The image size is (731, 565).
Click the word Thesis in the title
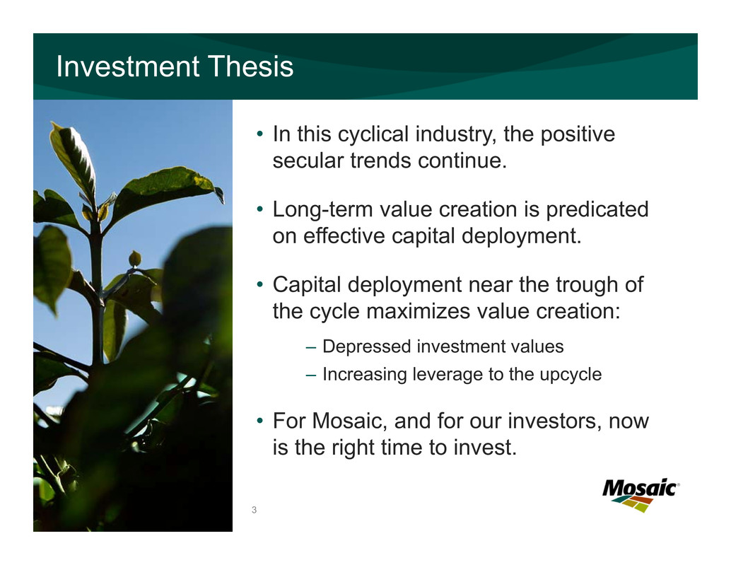pos(250,66)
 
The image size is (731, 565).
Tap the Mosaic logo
pos(641,495)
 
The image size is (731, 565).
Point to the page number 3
pos(254,510)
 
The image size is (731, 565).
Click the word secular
pos(308,161)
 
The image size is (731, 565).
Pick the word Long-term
pos(322,210)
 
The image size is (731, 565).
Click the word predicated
pos(597,210)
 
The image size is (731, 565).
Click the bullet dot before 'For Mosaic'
pos(260,421)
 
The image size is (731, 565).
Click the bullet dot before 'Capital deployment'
pos(260,284)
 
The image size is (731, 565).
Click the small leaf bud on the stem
pos(135,258)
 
